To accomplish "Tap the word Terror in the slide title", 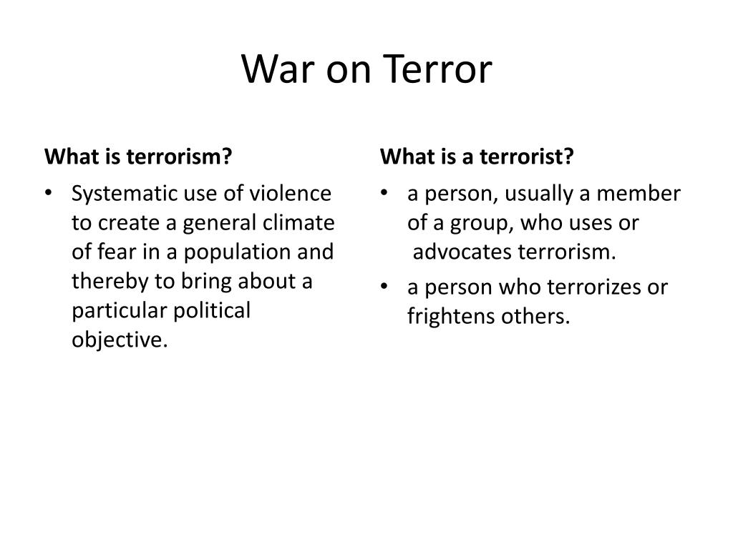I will tap(440, 70).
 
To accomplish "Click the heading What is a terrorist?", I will tap(477, 156).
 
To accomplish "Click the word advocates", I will tap(462, 252).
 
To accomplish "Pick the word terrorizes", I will tap(596, 287).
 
